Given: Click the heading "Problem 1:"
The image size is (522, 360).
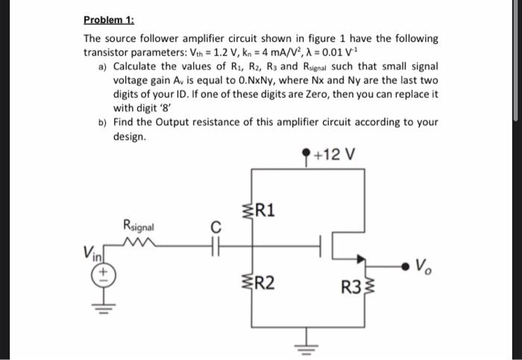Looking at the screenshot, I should tap(106, 20).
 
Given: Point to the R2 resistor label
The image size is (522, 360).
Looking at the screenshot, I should tap(266, 282).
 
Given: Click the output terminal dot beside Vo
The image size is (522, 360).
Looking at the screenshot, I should tap(403, 262).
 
